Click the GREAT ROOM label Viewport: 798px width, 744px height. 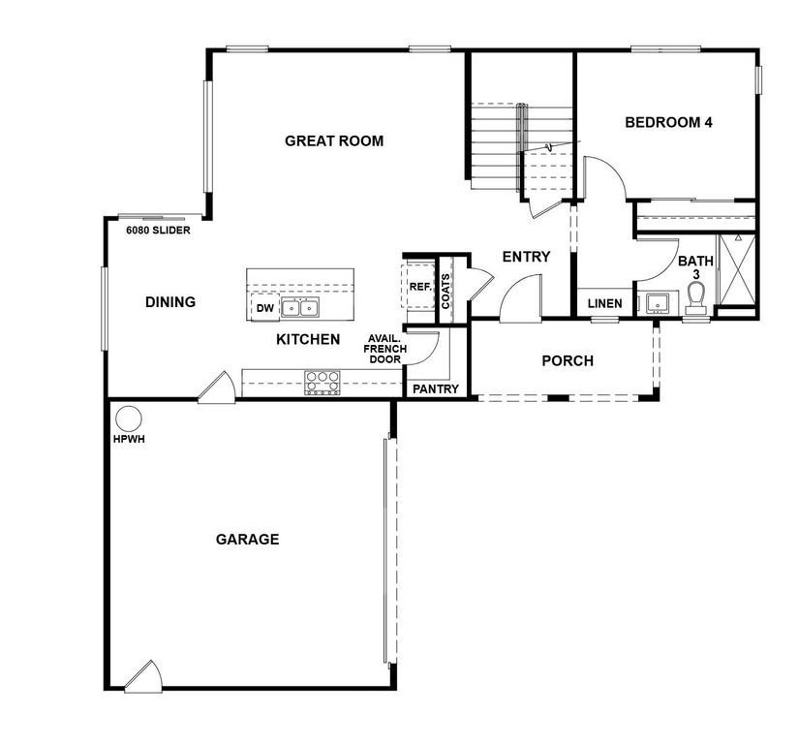click(333, 141)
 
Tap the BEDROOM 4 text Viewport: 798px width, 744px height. click(668, 123)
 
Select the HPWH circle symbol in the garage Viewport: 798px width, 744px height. click(128, 418)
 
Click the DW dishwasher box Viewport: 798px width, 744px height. click(263, 308)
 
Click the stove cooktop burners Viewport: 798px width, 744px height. click(322, 383)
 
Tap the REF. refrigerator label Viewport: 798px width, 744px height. click(419, 287)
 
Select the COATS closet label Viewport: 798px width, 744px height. click(445, 290)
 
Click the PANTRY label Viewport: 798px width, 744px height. click(436, 388)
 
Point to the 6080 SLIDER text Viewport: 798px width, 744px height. click(158, 232)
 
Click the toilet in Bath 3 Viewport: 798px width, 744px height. click(693, 305)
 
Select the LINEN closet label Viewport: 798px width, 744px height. click(604, 303)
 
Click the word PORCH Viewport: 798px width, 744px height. click(567, 361)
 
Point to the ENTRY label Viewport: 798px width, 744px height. click(526, 257)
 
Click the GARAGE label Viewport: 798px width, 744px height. click(247, 540)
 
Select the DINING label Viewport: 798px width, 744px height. click(170, 302)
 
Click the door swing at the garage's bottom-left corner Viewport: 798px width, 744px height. click(145, 674)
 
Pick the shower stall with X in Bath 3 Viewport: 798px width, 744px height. click(736, 271)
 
